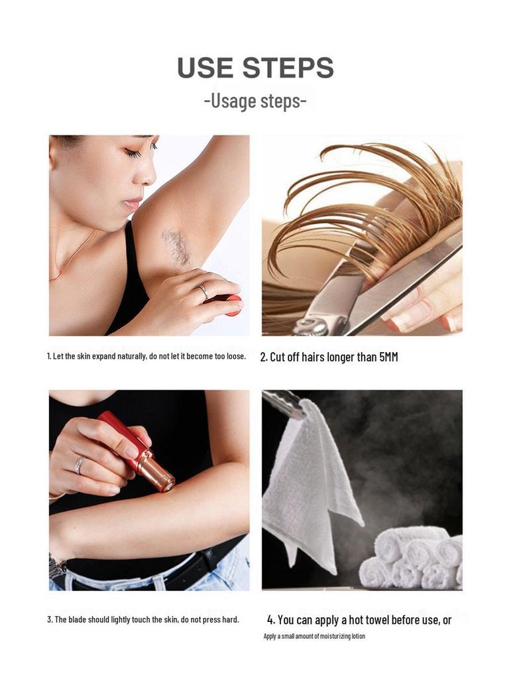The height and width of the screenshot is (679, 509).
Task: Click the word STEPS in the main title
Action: point(288,68)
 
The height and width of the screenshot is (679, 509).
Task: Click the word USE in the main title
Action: point(205,68)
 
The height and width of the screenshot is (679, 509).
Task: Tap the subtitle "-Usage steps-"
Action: point(255,101)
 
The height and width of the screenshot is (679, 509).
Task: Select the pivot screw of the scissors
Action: point(304,326)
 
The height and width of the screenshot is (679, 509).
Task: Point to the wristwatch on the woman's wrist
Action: point(57,567)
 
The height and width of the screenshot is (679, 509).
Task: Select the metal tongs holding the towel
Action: point(284,404)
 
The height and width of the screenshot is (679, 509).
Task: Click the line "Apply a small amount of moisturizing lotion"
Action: point(314,637)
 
